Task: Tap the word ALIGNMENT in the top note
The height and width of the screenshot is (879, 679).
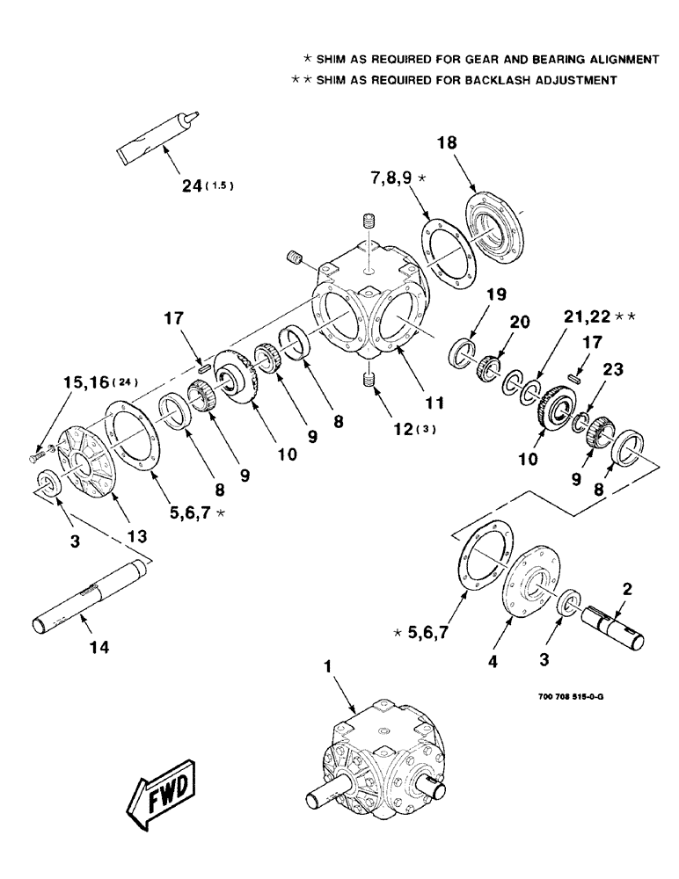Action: click(625, 59)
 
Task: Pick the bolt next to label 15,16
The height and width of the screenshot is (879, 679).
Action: click(34, 457)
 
